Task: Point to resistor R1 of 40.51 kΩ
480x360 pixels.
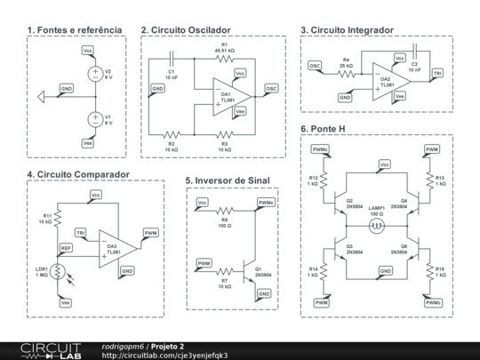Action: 222,58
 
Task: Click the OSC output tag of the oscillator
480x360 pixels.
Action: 271,89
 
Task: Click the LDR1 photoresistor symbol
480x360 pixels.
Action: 58,270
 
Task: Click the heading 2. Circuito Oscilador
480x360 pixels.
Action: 191,29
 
